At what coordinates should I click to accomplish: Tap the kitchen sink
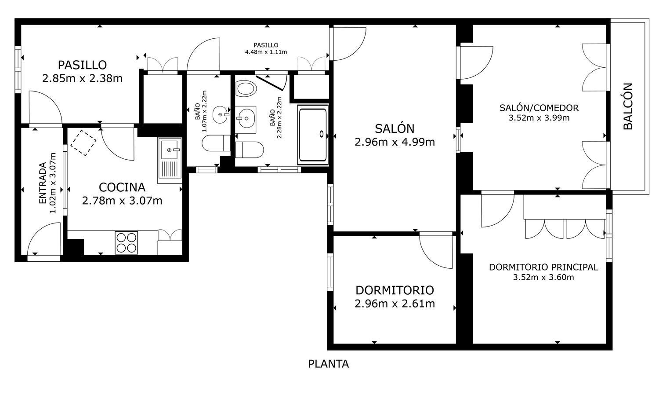click(170, 160)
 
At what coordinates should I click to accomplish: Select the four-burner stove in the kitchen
click(127, 242)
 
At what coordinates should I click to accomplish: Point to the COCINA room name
click(122, 187)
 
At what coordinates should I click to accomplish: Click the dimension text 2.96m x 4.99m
click(395, 142)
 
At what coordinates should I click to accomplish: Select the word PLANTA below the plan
click(329, 364)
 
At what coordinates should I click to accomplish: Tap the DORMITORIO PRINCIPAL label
click(543, 267)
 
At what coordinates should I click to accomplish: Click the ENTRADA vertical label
click(43, 183)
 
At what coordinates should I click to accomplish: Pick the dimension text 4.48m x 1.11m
click(266, 52)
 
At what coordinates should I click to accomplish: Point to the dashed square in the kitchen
click(83, 143)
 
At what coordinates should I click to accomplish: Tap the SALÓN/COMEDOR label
click(539, 108)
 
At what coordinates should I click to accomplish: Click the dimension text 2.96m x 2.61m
click(395, 304)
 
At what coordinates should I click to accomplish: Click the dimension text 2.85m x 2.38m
click(82, 79)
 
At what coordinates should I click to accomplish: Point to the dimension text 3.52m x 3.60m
click(543, 278)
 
